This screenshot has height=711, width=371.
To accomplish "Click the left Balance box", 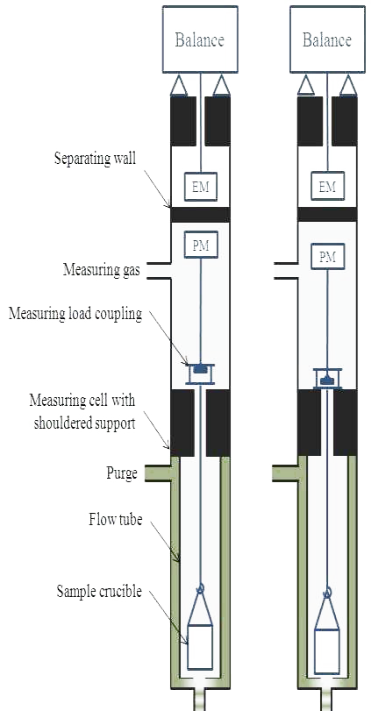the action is pos(200,39).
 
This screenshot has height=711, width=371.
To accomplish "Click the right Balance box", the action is pos(327,39).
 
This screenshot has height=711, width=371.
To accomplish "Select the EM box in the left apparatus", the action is pos(201,186).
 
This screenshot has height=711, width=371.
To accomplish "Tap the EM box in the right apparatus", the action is pos(327,186).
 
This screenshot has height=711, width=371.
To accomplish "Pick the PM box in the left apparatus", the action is pos(201,245).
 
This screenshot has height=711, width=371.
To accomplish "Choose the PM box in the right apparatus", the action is pos(327,258).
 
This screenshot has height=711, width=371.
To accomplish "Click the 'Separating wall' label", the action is pos(96,160).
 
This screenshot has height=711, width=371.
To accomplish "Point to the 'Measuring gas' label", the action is pos(101,270).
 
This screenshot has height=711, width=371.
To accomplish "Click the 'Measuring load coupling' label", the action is pos(75,313).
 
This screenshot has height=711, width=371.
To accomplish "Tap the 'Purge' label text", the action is pos(122,473).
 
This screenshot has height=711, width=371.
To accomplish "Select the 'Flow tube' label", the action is pos(115,519).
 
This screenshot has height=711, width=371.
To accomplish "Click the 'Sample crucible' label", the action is pos(99,591).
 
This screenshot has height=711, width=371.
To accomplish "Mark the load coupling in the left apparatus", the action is pos(200,373).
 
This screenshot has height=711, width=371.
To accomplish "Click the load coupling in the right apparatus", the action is pos(327,378).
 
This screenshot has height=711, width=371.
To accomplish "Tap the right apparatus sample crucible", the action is pos(327,651).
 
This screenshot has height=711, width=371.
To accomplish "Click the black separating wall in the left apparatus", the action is pos(200,215).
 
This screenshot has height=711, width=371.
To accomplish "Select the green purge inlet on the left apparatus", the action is pos(158,473).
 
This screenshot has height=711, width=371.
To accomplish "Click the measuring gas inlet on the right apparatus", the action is pos(286,270).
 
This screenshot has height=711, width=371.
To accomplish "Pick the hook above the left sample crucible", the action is pos(200,588).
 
